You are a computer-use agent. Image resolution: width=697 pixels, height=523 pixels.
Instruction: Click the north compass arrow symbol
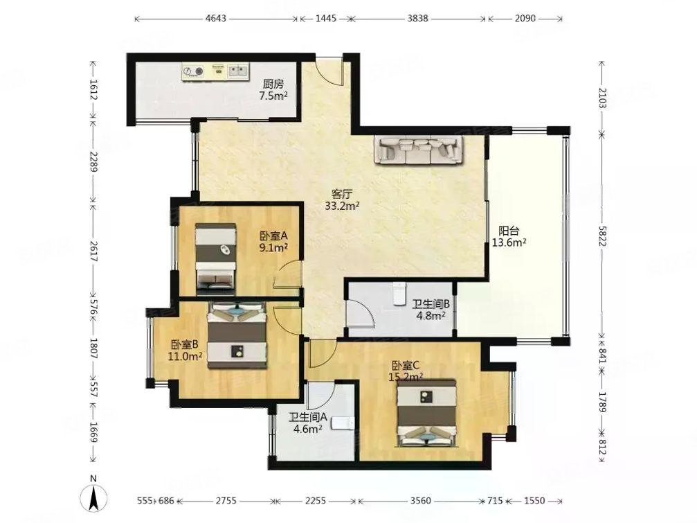93,497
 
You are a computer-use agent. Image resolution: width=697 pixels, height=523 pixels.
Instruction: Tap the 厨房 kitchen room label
273,84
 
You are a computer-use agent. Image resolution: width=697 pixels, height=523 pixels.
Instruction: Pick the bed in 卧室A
215,259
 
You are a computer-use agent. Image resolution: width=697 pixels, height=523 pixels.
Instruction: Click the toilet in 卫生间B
400,294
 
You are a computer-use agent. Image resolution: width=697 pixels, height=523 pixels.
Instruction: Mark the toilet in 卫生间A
343,423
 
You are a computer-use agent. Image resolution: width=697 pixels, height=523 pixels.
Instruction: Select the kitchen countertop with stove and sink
215,71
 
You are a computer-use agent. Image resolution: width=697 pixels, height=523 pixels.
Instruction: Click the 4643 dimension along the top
216,18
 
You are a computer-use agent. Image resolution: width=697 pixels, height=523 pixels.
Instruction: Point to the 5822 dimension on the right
602,235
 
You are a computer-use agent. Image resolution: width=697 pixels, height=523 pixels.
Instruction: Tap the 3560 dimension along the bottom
420,501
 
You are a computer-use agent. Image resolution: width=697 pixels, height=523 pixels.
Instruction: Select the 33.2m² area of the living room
342,206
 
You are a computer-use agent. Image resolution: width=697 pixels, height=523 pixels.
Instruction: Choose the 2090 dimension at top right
525,18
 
